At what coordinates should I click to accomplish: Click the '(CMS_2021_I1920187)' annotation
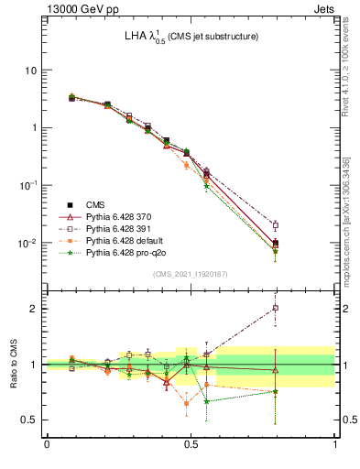191,274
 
